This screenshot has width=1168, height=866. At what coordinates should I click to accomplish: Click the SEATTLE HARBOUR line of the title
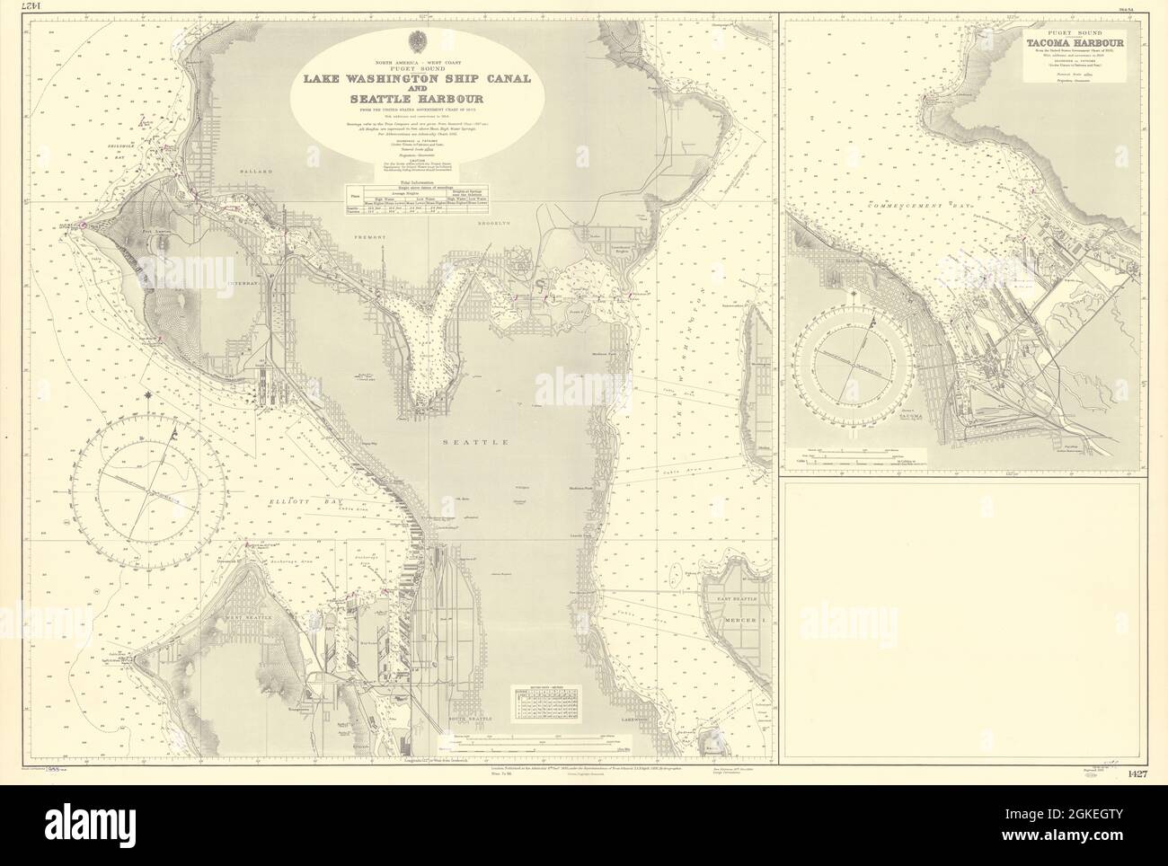coord(416,99)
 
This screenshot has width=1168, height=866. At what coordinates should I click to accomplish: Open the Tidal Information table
coord(416,199)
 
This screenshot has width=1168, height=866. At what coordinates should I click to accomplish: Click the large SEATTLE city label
coord(470,443)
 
